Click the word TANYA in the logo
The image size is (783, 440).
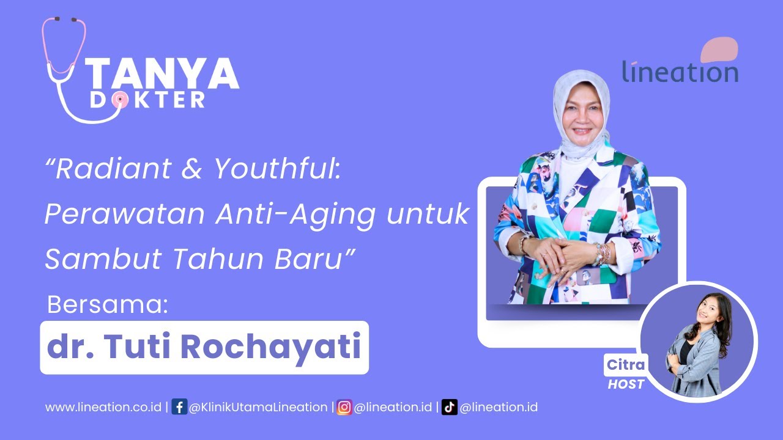(163, 75)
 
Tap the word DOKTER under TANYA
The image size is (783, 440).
(147, 100)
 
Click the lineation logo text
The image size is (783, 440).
(680, 72)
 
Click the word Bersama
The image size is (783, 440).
(107, 305)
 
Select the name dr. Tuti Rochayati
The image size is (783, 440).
(204, 346)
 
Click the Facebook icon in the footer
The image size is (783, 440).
(179, 407)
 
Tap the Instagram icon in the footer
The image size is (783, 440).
(344, 407)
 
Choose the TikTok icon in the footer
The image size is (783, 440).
(450, 407)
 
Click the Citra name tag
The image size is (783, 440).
(625, 365)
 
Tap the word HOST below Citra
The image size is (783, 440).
(625, 384)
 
